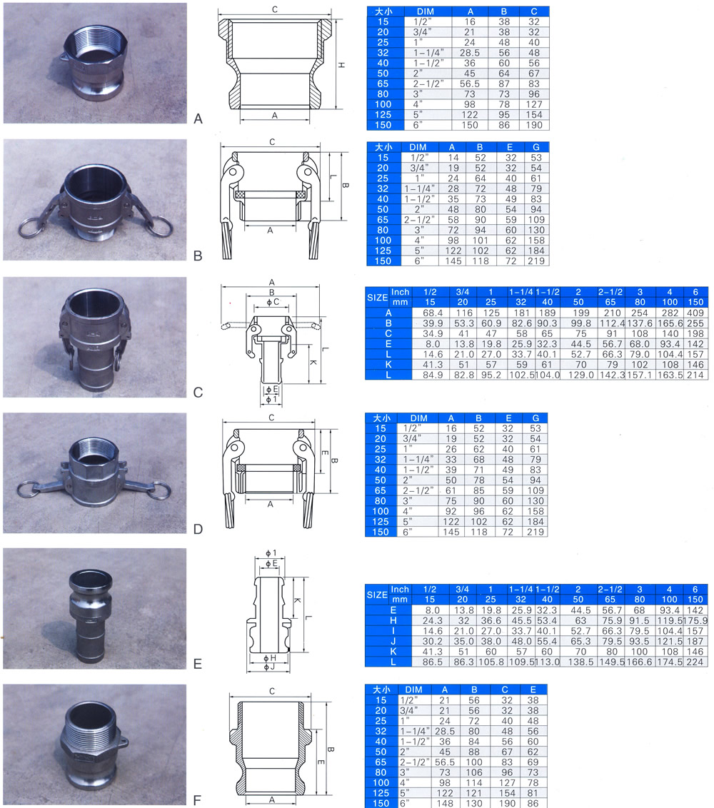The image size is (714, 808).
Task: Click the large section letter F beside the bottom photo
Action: pos(197,800)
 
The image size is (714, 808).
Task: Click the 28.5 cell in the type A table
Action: pos(470,53)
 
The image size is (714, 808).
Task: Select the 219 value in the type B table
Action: pos(536,261)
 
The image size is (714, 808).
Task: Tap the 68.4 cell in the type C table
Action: pos(433,313)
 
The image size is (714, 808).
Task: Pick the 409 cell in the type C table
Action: pos(695,313)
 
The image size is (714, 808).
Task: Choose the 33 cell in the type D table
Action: pos(451,459)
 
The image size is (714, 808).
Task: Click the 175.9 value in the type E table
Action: pos(695,620)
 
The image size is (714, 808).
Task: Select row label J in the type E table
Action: pos(393,641)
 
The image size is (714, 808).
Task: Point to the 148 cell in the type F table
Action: pos(444,804)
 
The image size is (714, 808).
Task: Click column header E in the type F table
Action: pos(533,690)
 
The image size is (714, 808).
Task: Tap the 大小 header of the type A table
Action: pos(383,11)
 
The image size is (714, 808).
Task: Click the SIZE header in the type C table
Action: pos(378,298)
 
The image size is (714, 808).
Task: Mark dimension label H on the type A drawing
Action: pos(341,65)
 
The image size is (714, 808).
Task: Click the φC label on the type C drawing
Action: pos(272,302)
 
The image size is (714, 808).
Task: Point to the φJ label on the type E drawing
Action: pos(269,667)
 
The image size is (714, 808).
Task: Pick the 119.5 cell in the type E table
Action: pos(669,620)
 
